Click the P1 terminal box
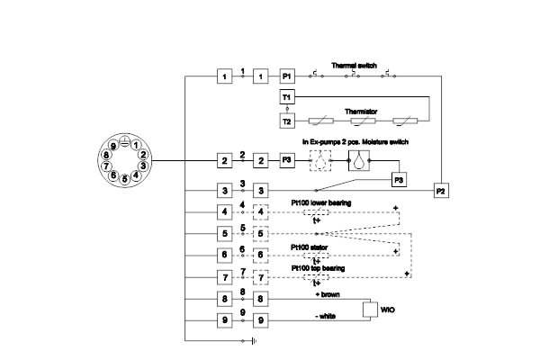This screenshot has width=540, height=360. click(287, 77)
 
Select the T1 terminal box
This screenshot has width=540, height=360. click(287, 96)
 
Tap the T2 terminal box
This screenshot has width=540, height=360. click(287, 121)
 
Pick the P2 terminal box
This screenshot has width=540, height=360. click(440, 191)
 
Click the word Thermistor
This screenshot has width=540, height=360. click(360, 112)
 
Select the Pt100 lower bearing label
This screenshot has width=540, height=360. click(321, 203)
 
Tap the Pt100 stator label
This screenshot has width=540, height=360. click(309, 245)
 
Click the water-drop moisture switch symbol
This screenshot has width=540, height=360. click(359, 160)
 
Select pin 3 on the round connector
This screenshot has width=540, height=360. click(142, 166)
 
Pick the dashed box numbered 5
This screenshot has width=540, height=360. click(261, 234)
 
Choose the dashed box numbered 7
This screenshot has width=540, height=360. click(261, 276)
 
